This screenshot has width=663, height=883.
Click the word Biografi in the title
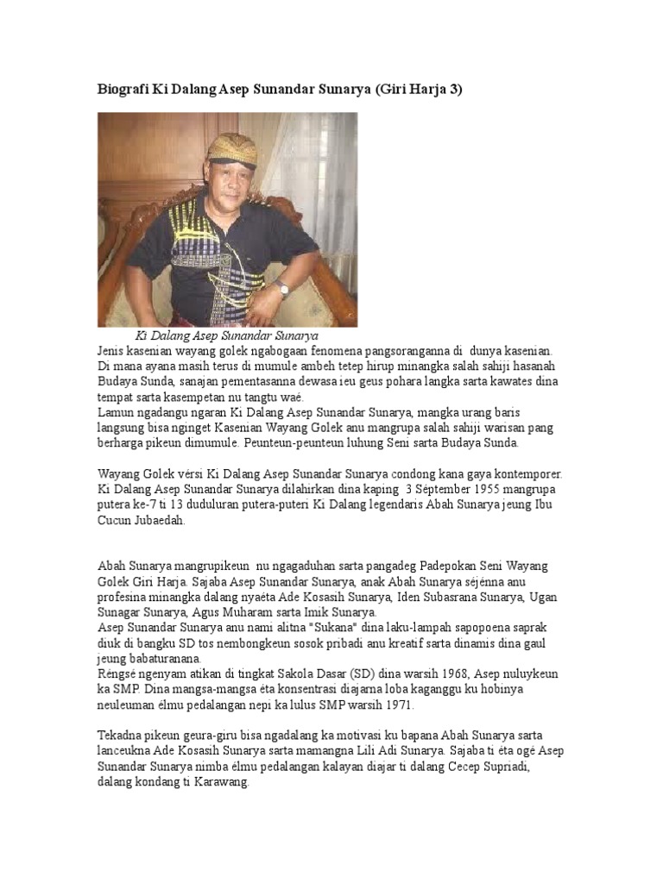[x=122, y=90]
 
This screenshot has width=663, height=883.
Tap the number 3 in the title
[x=451, y=90]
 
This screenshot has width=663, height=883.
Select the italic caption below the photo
[x=227, y=335]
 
